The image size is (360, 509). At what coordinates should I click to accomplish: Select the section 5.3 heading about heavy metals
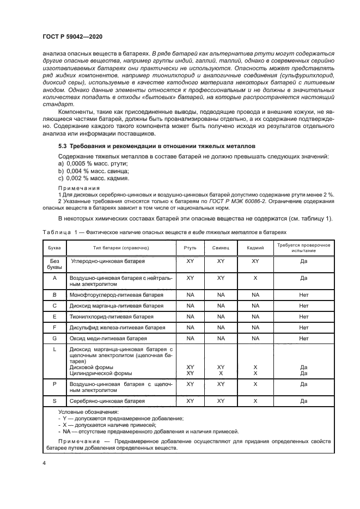click(153, 146)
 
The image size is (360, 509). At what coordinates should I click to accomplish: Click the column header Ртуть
click(190, 247)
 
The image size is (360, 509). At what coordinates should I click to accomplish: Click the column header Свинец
click(221, 247)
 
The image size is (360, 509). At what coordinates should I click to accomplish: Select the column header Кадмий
click(255, 247)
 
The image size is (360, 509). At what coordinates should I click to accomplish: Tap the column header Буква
click(54, 247)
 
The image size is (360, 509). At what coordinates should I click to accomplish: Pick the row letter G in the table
click(54, 338)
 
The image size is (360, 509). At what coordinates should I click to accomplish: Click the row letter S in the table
click(54, 401)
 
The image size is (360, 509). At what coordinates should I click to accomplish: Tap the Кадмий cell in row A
click(255, 277)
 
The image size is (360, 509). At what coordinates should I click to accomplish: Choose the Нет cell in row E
click(304, 316)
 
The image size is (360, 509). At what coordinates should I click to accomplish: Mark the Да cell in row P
click(304, 383)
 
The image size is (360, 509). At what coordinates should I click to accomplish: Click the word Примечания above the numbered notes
click(76, 188)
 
